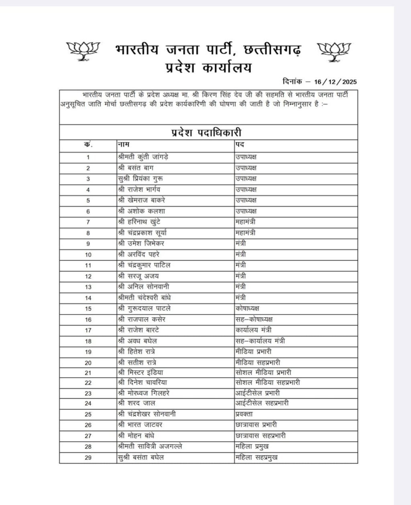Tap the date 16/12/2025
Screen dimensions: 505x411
click(x=336, y=82)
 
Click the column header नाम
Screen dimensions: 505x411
click(x=123, y=144)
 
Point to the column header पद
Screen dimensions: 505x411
click(x=240, y=144)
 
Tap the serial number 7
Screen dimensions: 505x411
click(x=88, y=222)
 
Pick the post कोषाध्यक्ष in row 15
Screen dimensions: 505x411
click(x=247, y=308)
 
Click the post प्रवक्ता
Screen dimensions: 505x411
click(x=244, y=414)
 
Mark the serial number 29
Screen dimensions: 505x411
click(x=88, y=458)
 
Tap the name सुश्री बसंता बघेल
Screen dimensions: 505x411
click(x=141, y=457)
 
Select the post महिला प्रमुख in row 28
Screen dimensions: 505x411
click(x=252, y=446)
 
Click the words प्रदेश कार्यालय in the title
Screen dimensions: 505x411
click(x=208, y=67)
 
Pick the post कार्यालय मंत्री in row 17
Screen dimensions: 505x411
click(x=254, y=330)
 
